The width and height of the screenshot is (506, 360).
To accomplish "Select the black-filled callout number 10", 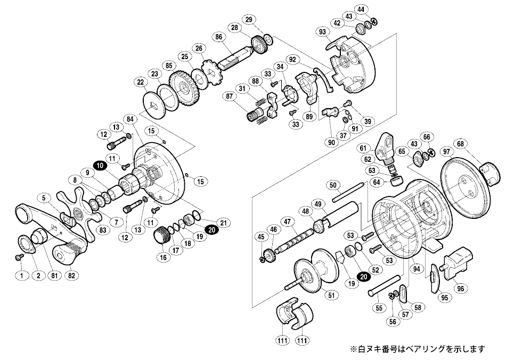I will (99, 166).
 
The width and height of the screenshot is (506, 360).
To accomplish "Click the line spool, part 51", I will (310, 274).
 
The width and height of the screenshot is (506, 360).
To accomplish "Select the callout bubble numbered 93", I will (322, 32).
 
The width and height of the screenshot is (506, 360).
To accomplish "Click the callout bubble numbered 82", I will (72, 275).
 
